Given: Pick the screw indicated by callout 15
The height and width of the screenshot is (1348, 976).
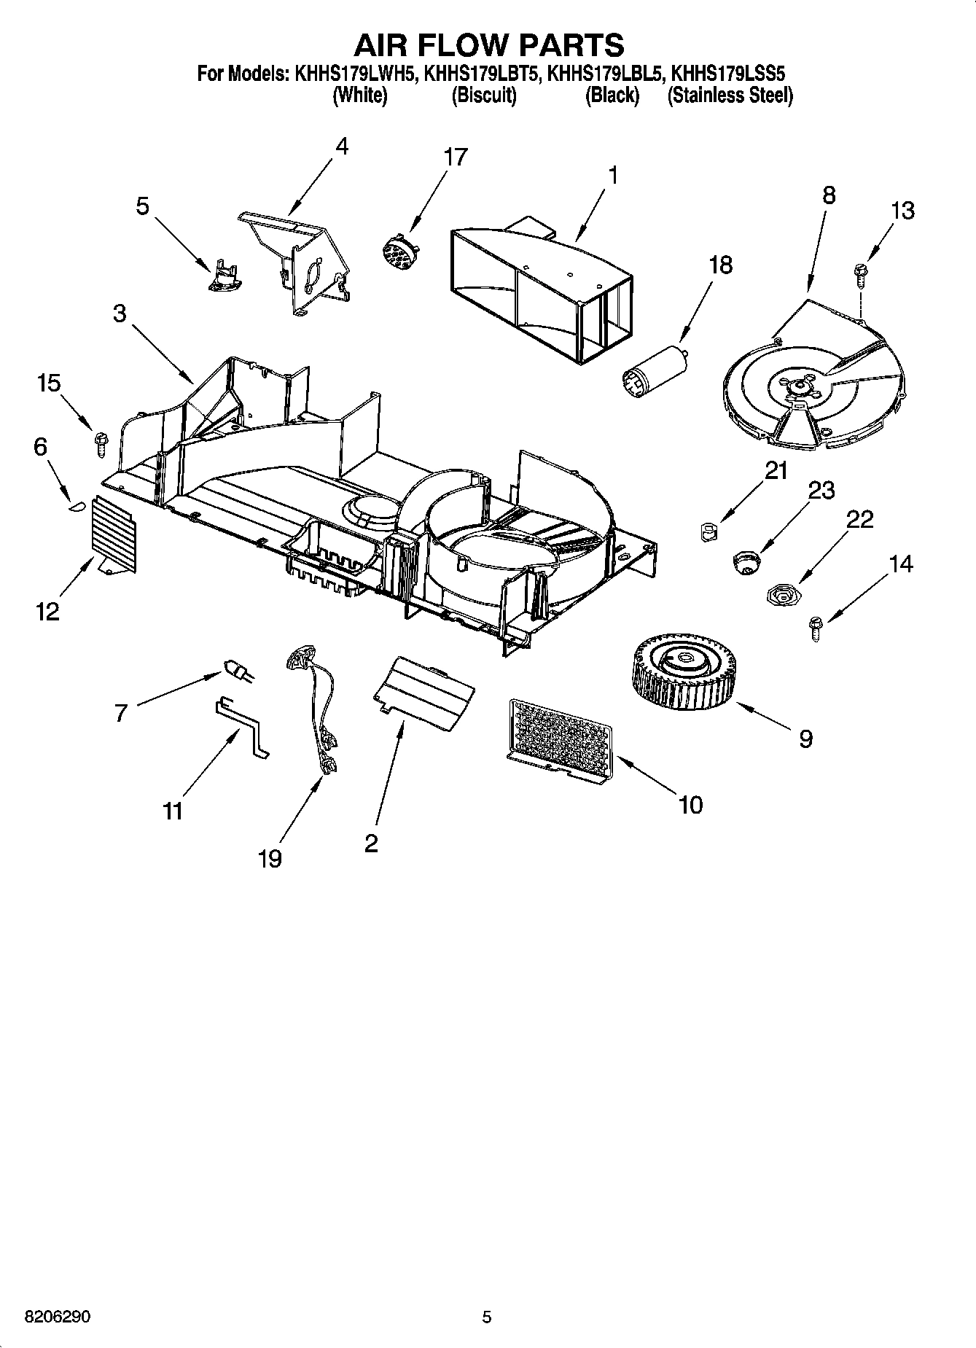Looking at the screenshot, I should [x=100, y=443].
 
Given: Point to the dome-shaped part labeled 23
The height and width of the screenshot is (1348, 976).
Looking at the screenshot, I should [x=746, y=564].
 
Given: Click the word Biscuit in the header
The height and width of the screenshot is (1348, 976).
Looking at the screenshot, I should [x=483, y=96].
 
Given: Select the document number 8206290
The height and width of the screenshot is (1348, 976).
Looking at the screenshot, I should [x=58, y=1317].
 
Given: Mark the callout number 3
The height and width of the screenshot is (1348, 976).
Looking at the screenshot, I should [x=120, y=314].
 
